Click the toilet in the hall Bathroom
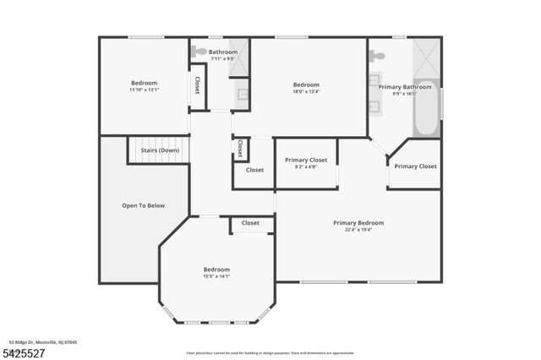[199, 52]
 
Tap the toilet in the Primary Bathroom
[378, 56]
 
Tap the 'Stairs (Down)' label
[160, 150]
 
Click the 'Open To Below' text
[144, 205]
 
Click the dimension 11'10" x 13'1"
[144, 90]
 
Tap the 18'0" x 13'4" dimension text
[306, 91]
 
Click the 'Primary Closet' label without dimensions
[415, 166]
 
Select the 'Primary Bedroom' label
[358, 223]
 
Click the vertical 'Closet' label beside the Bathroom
[197, 85]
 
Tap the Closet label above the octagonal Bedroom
[250, 223]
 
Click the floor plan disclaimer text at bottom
[270, 352]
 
